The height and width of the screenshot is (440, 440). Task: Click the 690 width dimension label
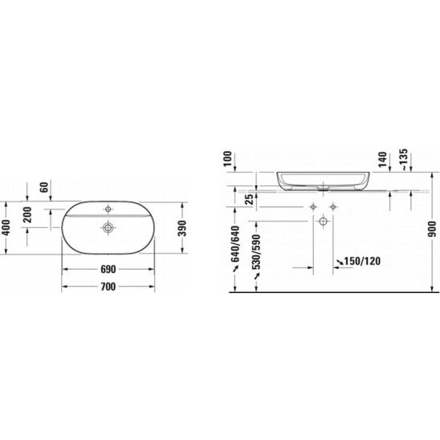(108, 270)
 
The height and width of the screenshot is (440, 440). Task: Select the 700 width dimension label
(108, 287)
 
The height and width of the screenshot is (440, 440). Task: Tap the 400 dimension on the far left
(6, 227)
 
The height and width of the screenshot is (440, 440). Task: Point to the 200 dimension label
(27, 214)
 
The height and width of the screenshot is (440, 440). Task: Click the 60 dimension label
(44, 187)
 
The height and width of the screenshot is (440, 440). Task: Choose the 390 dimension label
(182, 228)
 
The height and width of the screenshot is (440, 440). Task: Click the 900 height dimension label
(433, 229)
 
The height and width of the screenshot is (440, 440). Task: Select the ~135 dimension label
(404, 160)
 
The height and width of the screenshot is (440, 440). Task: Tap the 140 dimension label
(382, 160)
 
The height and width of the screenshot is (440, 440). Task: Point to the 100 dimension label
(228, 158)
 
